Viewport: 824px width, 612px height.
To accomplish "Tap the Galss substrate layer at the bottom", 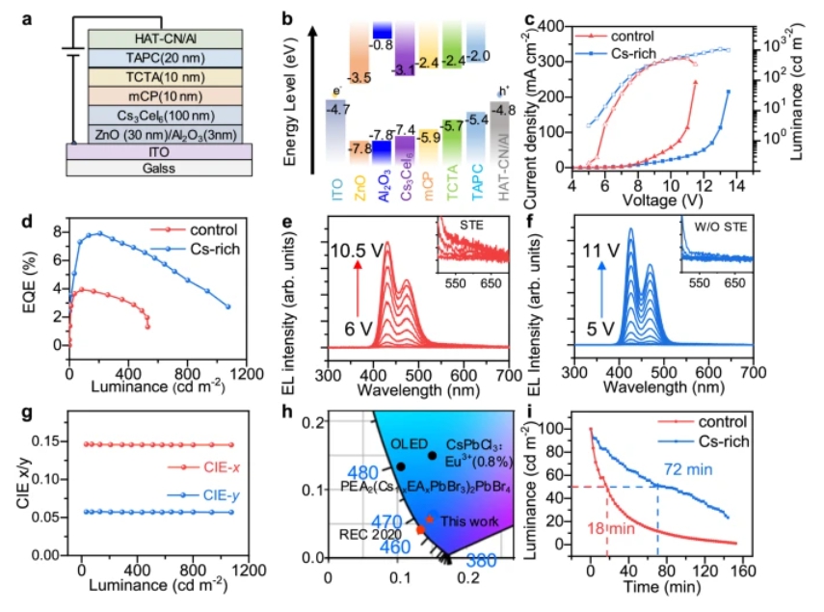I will click(x=158, y=168).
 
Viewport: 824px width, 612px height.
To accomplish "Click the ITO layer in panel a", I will click(x=158, y=150).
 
